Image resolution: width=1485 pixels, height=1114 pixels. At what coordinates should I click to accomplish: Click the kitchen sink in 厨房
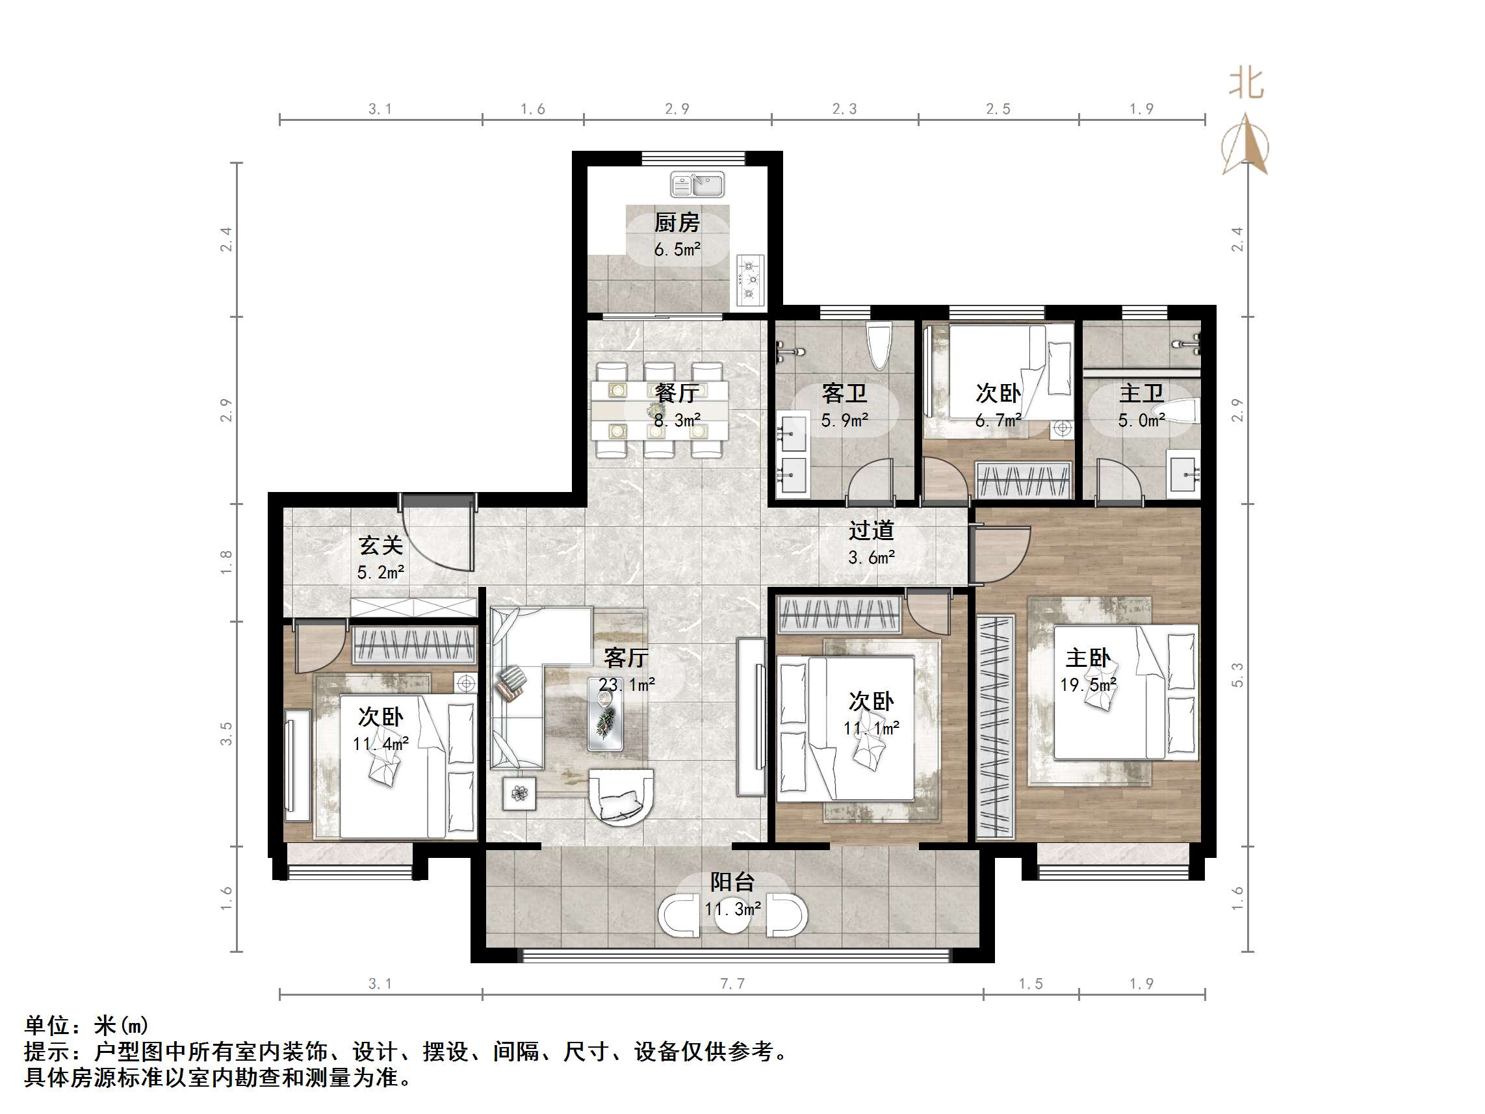pyautogui.click(x=697, y=184)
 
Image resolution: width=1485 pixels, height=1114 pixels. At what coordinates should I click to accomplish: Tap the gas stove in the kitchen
pyautogui.click(x=750, y=279)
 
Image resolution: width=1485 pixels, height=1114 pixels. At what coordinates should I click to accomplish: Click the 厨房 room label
pyautogui.click(x=677, y=222)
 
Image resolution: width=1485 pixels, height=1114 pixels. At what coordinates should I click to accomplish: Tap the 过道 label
pyautogui.click(x=871, y=530)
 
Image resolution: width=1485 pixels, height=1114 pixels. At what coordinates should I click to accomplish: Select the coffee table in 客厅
pyautogui.click(x=606, y=712)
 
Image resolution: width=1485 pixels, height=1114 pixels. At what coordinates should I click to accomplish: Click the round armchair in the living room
pyautogui.click(x=620, y=795)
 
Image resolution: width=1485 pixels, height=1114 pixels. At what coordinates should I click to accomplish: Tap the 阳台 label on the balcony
pyautogui.click(x=732, y=882)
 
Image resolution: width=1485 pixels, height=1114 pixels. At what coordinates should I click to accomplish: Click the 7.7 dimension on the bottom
pyautogui.click(x=732, y=984)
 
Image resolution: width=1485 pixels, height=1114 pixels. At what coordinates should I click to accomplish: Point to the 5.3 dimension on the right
pyautogui.click(x=1237, y=675)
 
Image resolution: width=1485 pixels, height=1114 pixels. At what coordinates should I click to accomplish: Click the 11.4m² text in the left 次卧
pyautogui.click(x=380, y=744)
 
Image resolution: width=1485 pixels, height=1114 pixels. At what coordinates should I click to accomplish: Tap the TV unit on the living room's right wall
pyautogui.click(x=751, y=716)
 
